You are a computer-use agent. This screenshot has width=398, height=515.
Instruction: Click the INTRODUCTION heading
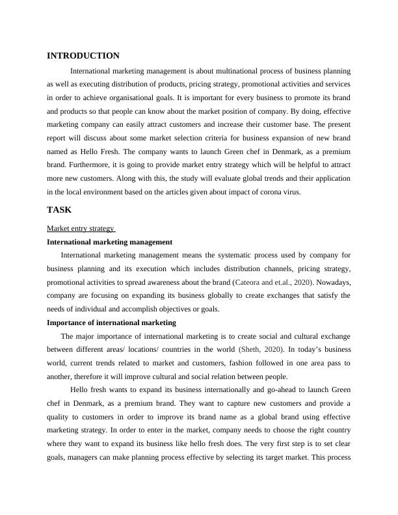point(83,56)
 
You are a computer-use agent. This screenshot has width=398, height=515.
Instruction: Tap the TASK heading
point(59,210)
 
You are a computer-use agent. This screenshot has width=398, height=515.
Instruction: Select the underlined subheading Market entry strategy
point(81,228)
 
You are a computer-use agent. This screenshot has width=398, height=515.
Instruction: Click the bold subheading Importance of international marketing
point(111,323)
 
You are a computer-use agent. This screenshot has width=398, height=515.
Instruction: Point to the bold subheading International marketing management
point(109,241)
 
